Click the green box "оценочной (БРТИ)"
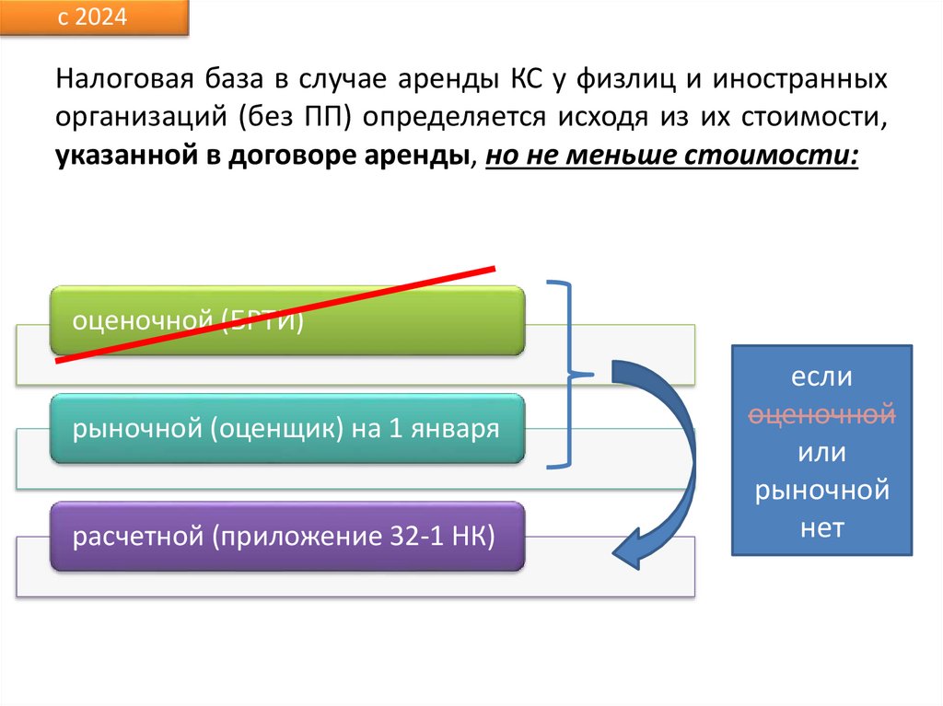coord(286,320)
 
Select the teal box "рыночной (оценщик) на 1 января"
coord(286,428)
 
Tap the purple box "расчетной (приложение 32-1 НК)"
coord(286,536)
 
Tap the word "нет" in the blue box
coord(821,529)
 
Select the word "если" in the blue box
coord(821,377)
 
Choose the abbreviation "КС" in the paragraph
coord(524,80)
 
